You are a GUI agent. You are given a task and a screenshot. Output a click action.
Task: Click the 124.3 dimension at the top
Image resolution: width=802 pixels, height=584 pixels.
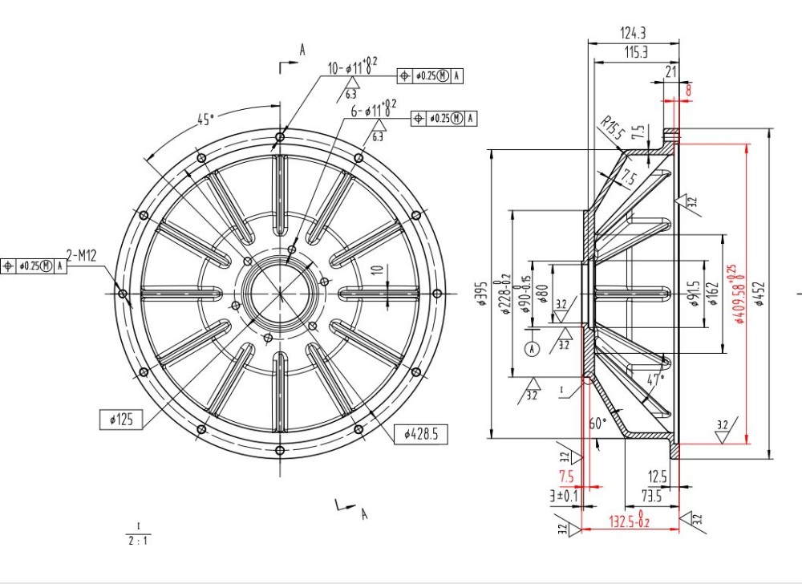(x=633, y=33)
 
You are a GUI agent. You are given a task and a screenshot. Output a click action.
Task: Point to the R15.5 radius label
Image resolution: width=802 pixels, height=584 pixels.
(x=612, y=129)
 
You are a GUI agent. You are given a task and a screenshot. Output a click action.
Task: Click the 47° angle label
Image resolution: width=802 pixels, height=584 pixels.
(x=655, y=378)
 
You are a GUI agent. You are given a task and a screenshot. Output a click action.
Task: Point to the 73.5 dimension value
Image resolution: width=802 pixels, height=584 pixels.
(x=650, y=496)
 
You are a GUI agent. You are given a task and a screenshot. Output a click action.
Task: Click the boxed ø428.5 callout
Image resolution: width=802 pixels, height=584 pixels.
(x=421, y=434)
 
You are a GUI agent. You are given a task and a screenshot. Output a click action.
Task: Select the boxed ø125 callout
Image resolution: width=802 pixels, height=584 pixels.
(x=120, y=418)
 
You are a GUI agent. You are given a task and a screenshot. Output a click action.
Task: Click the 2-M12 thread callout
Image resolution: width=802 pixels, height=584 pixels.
(x=82, y=256)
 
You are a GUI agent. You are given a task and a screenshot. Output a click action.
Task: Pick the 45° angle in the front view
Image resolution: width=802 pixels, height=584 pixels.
(x=206, y=120)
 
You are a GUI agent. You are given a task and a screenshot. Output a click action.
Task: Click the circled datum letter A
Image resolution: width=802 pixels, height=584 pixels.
(x=530, y=348)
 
